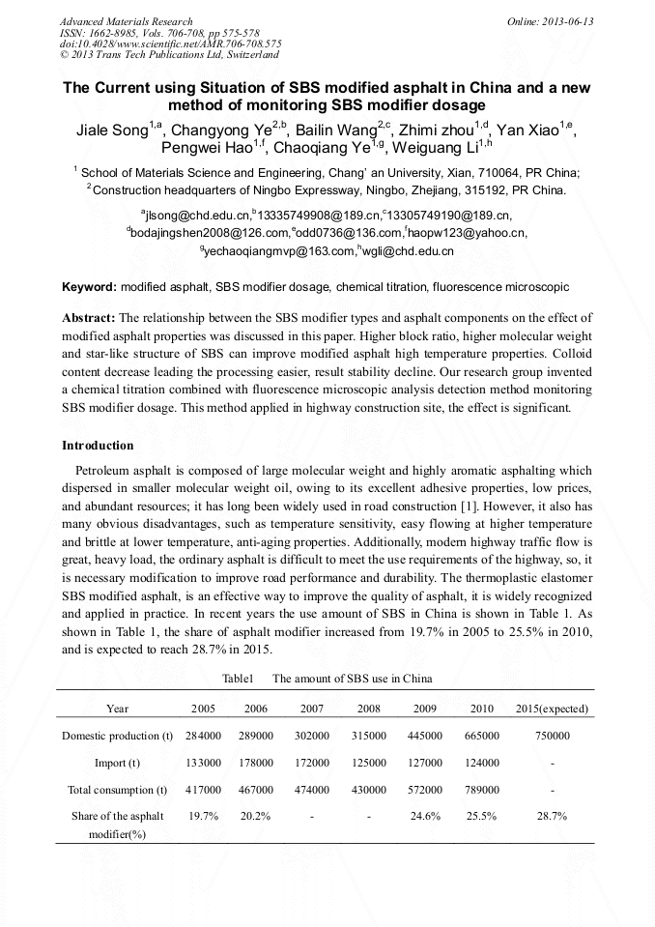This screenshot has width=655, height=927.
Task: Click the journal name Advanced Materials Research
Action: pos(126,21)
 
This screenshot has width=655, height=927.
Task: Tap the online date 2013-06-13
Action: pos(550,21)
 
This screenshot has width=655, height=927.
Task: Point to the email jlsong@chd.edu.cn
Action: pos(198,215)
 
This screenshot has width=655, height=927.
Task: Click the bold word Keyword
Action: pos(89,287)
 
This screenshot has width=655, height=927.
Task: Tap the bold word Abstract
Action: pos(89,317)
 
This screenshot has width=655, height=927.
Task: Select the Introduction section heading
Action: pos(98,446)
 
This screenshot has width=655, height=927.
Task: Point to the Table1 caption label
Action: pos(238,679)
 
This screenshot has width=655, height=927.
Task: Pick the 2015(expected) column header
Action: pos(552,709)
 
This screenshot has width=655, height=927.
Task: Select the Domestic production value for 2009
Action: pos(424,736)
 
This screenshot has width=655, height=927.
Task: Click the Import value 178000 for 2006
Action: pos(256,763)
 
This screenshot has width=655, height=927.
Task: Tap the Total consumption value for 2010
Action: pos(481,790)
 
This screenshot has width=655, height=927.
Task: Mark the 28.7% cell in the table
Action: pos(552,816)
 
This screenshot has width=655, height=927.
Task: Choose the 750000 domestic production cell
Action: pos(552,736)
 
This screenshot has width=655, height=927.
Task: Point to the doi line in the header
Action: pos(170,43)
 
